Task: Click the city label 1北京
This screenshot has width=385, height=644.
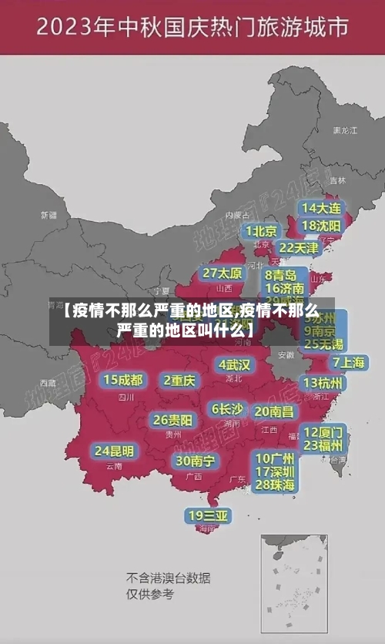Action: pyautogui.click(x=260, y=230)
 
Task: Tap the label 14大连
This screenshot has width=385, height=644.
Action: pyautogui.click(x=321, y=208)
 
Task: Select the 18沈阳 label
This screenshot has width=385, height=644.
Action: pyautogui.click(x=321, y=226)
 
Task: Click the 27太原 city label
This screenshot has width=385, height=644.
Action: pyautogui.click(x=222, y=273)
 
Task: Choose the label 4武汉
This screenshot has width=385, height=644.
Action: pyautogui.click(x=234, y=364)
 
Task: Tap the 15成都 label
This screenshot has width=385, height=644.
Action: pyautogui.click(x=122, y=379)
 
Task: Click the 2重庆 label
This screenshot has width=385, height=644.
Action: pyautogui.click(x=179, y=380)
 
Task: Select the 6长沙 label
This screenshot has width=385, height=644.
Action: pyautogui.click(x=226, y=408)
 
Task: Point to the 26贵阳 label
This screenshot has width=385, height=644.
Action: pyautogui.click(x=172, y=420)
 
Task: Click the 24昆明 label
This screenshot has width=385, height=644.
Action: pyautogui.click(x=114, y=450)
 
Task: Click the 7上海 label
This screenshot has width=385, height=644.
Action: pyautogui.click(x=348, y=362)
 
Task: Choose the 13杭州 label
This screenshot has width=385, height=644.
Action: pyautogui.click(x=323, y=382)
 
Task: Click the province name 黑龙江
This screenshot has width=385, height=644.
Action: pyautogui.click(x=345, y=131)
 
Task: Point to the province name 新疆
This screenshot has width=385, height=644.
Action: pyautogui.click(x=49, y=215)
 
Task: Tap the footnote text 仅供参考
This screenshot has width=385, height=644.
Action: pyautogui.click(x=150, y=594)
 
